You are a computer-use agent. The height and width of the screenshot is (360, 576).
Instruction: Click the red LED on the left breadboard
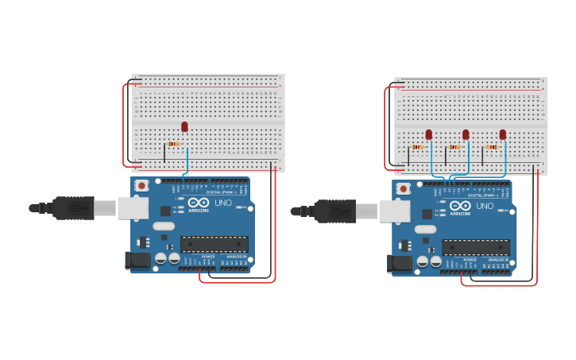point(184,126)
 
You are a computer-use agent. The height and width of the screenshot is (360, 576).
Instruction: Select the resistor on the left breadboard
point(173,144)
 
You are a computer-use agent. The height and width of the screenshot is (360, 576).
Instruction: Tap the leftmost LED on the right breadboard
point(429,134)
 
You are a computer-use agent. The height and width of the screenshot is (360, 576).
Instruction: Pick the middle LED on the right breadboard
point(466,134)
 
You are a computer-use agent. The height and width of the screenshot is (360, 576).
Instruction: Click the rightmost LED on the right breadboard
point(503,134)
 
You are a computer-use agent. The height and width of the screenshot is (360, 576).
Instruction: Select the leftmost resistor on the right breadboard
point(419,147)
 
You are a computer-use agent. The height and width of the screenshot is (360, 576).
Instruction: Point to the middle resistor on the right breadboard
point(454,147)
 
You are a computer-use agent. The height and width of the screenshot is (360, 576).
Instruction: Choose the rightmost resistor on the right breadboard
point(492,147)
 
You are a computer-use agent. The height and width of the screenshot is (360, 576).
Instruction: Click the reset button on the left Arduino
point(141,185)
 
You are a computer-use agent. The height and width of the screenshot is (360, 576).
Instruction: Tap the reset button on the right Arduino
point(404,188)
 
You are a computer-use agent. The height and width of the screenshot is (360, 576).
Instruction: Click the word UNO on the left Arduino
point(223,203)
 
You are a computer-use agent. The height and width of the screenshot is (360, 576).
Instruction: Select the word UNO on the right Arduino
point(485,206)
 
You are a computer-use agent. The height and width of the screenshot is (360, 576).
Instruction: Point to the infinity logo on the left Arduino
point(199,203)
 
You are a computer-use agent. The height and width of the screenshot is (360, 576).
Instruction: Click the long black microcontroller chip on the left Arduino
point(214,244)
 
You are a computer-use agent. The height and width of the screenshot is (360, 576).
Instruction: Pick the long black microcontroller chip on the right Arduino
point(476,247)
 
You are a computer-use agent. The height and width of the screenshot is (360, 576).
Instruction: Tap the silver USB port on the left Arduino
point(133,208)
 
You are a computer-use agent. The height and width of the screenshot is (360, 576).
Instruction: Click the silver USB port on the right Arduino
point(394,211)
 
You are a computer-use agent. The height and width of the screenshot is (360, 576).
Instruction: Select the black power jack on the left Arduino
point(137,260)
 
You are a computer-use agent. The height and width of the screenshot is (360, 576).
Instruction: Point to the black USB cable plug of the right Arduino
point(334,211)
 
